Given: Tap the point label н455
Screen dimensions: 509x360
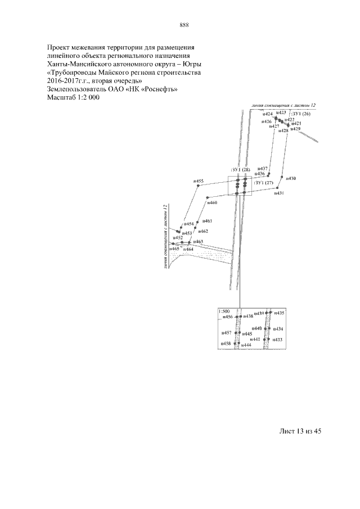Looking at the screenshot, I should [199, 181].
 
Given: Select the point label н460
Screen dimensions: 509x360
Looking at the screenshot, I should [212, 202].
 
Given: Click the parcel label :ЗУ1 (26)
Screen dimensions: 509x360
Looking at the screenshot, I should [300, 114].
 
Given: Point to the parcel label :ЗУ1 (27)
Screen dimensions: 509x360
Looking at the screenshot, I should [263, 183].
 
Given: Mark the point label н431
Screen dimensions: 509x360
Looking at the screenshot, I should [279, 193].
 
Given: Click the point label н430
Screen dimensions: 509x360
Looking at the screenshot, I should [291, 178].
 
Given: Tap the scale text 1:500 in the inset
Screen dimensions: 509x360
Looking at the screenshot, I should [224, 311].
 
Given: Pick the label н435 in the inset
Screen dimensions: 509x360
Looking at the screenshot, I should [279, 312].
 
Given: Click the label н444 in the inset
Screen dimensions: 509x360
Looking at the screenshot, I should [246, 344].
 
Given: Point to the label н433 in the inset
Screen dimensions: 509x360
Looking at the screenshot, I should [278, 340].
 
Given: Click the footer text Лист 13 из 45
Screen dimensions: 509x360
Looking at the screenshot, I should [300, 431].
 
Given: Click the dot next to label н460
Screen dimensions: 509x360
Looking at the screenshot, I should [208, 198].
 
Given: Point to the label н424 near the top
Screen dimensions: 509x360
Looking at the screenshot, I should [267, 114].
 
